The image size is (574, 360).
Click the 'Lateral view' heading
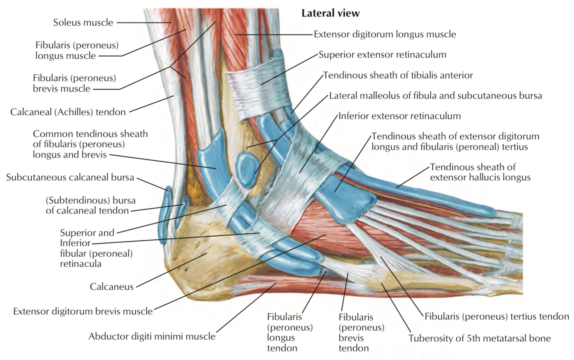click(x=330, y=13)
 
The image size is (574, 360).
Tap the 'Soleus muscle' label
click(x=83, y=23)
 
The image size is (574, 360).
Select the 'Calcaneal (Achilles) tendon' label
click(x=68, y=112)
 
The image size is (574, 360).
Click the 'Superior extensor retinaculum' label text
click(x=382, y=55)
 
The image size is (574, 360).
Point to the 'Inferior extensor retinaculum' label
click(x=399, y=116)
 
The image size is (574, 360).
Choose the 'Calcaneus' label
click(x=111, y=287)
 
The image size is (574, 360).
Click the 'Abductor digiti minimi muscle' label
click(x=152, y=337)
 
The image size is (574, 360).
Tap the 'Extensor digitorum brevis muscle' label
click(x=83, y=312)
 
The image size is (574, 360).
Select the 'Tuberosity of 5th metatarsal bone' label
click(x=479, y=339)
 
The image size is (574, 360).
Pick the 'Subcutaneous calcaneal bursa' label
click(x=70, y=177)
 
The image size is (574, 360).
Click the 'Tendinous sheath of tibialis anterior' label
click(x=398, y=75)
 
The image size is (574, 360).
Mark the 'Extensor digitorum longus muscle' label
click(x=385, y=34)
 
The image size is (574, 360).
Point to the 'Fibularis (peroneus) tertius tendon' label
click(x=497, y=317)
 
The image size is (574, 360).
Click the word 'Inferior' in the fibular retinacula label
click(x=75, y=243)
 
